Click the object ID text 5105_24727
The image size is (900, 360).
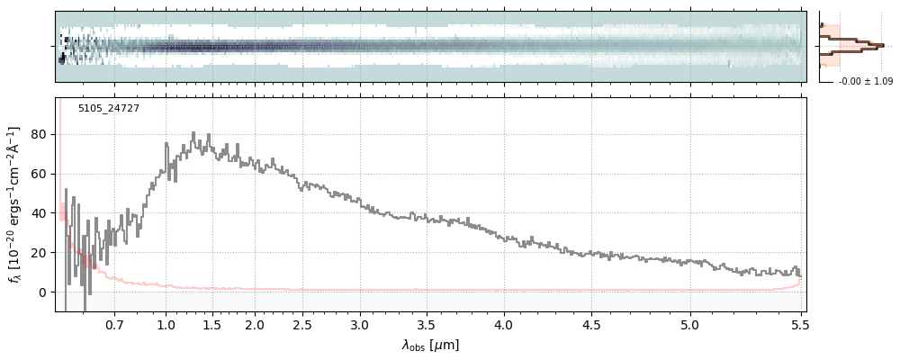coord(108,109)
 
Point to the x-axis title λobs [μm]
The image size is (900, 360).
coord(430,345)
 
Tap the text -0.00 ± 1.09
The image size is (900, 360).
coord(865,82)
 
